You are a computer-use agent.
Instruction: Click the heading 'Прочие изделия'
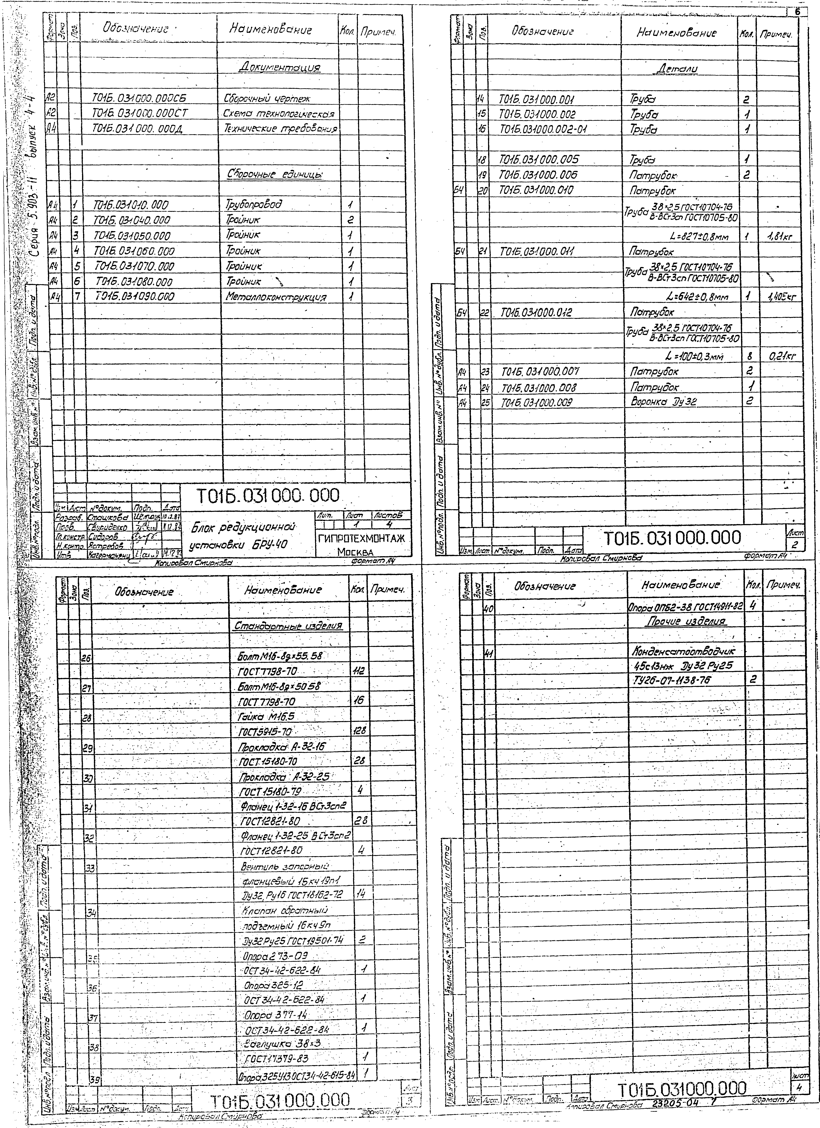[x=686, y=622]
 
